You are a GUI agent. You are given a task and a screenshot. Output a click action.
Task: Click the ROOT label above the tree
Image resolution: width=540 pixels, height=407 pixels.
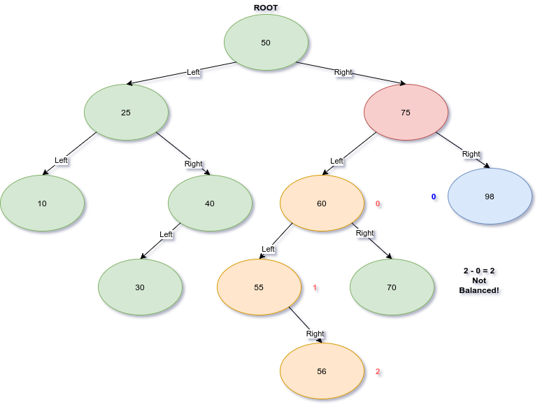266,8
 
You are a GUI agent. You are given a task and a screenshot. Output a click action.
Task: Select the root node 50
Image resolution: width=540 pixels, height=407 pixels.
266,43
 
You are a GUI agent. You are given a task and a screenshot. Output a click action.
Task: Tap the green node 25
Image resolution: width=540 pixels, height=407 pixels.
126,113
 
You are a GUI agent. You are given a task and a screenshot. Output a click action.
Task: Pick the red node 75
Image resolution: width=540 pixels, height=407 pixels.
406,113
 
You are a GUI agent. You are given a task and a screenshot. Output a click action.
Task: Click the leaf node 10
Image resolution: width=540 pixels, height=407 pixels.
42,203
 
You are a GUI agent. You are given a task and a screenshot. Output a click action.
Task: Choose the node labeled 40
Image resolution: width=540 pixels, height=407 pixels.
210,203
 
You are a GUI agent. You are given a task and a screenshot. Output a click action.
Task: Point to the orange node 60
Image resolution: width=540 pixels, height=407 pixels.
322,203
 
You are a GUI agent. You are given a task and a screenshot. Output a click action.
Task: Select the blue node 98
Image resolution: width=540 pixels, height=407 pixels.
490,197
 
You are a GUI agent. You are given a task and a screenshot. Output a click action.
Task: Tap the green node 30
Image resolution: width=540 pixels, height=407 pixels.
140,287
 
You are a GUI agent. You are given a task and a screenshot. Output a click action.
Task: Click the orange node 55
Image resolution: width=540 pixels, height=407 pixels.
259,287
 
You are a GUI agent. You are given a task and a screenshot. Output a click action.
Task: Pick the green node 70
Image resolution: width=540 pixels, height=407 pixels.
392,287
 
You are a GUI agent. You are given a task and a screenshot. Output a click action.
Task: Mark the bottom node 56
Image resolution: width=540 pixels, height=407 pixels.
322,371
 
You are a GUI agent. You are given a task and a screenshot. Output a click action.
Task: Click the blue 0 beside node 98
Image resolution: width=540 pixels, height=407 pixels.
434,197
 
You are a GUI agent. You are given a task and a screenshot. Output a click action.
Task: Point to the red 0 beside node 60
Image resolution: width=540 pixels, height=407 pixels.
378,203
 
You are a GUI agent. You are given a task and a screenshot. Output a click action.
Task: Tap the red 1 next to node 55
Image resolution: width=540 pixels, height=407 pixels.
315,287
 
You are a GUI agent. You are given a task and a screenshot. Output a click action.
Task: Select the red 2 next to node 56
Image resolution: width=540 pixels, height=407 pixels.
378,371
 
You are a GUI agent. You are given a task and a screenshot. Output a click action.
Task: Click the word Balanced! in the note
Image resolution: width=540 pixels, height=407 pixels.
478,290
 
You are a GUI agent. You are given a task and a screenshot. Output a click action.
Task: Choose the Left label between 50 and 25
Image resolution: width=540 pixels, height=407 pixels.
193,72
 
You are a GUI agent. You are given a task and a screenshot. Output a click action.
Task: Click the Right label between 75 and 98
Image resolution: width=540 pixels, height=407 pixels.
471,154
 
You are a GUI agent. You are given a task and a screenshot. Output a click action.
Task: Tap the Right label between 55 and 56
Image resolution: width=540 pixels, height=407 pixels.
315,334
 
